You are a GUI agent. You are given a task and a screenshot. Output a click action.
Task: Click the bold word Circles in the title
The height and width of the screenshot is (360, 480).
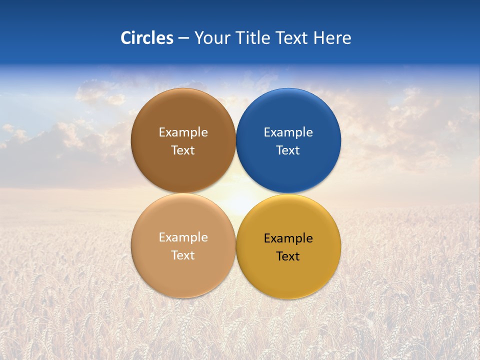(147, 38)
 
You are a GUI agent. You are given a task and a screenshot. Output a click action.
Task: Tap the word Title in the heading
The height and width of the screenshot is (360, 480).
(253, 38)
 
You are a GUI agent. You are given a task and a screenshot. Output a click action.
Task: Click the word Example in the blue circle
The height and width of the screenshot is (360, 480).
(288, 132)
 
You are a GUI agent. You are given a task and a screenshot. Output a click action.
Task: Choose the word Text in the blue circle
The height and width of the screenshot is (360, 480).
(288, 150)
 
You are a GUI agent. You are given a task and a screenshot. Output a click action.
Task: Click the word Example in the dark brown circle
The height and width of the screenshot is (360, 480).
(183, 132)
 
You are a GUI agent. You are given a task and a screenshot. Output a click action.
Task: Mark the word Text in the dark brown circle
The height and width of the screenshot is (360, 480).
(183, 150)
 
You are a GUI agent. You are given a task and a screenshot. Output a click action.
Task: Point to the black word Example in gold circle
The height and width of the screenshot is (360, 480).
(288, 238)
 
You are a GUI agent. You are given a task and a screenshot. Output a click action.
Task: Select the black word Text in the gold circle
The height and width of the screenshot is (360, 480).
(288, 256)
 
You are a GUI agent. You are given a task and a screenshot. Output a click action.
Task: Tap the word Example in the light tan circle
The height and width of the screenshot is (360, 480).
(183, 237)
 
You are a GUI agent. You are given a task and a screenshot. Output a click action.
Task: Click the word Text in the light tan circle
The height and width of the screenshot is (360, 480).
(183, 255)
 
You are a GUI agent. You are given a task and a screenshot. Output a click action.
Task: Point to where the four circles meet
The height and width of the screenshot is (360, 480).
(235, 193)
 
